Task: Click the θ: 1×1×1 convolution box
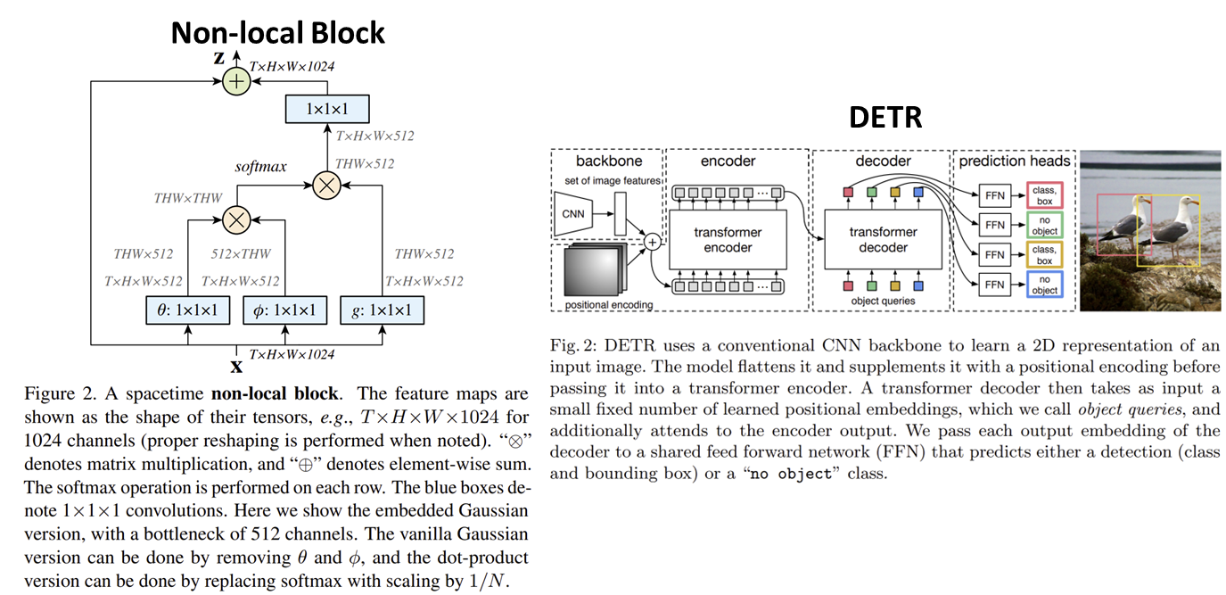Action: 187,310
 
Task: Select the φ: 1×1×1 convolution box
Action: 284,310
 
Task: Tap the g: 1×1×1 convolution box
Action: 382,310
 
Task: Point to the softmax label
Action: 260,167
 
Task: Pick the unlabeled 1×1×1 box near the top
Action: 327,109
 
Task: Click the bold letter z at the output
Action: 218,58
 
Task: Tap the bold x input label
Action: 236,366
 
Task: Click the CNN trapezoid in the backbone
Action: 573,214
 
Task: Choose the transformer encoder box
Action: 728,240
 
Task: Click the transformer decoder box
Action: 883,240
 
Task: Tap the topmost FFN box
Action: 994,194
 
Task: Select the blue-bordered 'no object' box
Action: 1044,285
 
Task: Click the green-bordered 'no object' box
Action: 1044,224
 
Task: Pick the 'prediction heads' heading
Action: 1014,161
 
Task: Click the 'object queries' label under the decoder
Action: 883,302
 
